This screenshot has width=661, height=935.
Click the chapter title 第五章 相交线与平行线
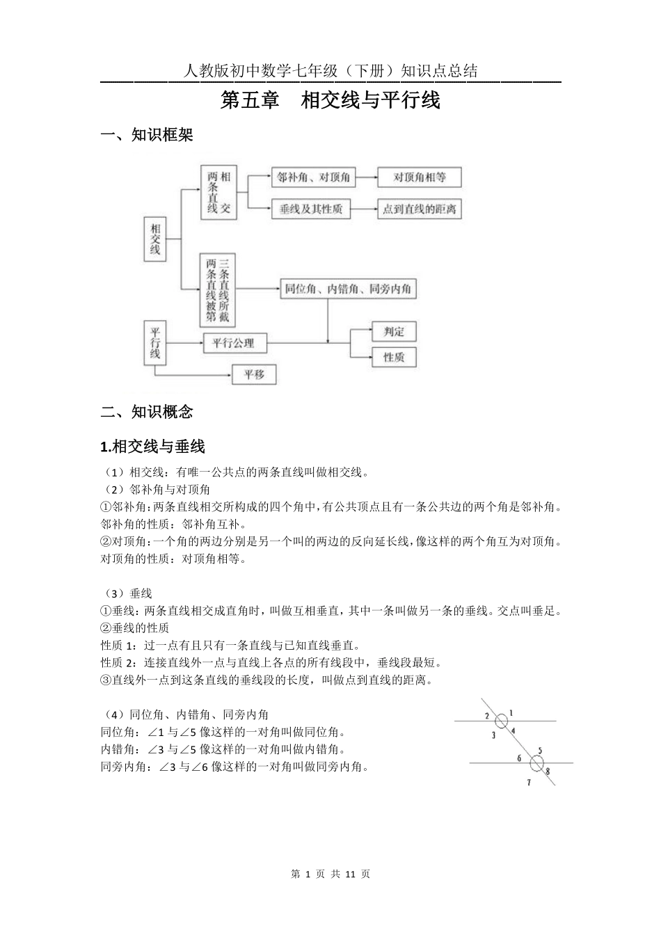click(330, 101)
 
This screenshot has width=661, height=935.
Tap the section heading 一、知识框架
click(147, 135)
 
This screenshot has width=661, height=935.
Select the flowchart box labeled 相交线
click(155, 239)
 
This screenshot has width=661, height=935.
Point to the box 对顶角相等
click(419, 177)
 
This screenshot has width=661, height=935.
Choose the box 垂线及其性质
click(311, 209)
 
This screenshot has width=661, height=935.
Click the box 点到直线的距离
click(419, 209)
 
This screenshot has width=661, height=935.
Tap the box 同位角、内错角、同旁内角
click(348, 289)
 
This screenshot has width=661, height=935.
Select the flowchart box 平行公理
click(233, 343)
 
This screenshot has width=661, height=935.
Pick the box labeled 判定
click(394, 332)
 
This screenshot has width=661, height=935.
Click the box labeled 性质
click(394, 358)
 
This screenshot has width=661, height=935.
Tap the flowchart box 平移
click(254, 375)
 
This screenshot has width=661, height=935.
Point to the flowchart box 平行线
click(155, 342)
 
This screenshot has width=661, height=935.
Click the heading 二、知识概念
click(147, 412)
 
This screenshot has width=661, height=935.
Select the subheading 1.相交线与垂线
click(152, 446)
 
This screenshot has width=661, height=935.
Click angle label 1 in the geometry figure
click(511, 713)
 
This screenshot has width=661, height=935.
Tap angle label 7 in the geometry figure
click(529, 783)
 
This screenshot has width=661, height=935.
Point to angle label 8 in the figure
click(548, 771)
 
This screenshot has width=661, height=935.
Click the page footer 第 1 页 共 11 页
click(330, 874)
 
